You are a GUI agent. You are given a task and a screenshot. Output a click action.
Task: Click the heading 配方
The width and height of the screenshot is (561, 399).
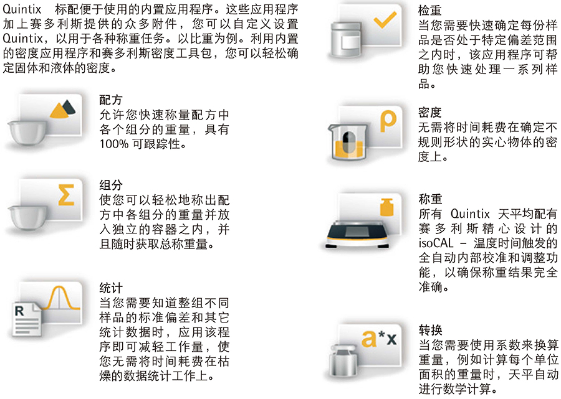pyautogui.click(x=111, y=100)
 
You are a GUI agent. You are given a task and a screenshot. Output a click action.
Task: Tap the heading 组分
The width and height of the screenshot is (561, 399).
pyautogui.click(x=111, y=185)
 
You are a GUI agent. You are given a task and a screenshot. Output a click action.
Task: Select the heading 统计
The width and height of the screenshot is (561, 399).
pyautogui.click(x=111, y=288)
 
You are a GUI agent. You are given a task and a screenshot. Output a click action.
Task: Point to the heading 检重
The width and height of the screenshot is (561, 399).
pyautogui.click(x=429, y=11)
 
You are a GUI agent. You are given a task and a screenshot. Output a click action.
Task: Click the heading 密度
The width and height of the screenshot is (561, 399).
pyautogui.click(x=429, y=113)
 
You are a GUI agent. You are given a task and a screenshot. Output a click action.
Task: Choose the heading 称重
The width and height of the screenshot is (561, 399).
pyautogui.click(x=430, y=199)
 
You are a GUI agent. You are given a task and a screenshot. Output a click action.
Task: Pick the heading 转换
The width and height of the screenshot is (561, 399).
pyautogui.click(x=430, y=330)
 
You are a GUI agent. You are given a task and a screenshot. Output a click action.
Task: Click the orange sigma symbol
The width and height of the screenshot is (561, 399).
pyautogui.click(x=67, y=195)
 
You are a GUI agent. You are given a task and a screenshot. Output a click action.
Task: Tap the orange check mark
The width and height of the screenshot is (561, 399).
pyautogui.click(x=385, y=20)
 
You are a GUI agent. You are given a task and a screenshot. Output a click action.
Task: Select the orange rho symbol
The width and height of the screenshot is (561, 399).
pyautogui.click(x=388, y=121)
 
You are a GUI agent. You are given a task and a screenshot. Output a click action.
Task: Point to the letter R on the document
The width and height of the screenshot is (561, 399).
pyautogui.click(x=19, y=311)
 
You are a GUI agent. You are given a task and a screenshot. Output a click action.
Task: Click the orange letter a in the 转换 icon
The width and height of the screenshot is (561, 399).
pyautogui.click(x=369, y=338)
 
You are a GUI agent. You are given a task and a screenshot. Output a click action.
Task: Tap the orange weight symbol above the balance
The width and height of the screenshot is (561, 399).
pyautogui.click(x=386, y=207)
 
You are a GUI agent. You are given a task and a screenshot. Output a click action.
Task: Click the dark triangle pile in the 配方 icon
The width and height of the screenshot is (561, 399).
pyautogui.click(x=69, y=107)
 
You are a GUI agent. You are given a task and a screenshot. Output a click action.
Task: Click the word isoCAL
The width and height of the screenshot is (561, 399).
pyautogui.click(x=436, y=243)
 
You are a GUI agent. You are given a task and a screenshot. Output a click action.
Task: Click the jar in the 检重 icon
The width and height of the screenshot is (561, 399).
pyautogui.click(x=345, y=39)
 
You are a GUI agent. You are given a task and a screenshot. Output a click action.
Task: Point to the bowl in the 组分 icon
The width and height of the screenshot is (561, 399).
pyautogui.click(x=27, y=217)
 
